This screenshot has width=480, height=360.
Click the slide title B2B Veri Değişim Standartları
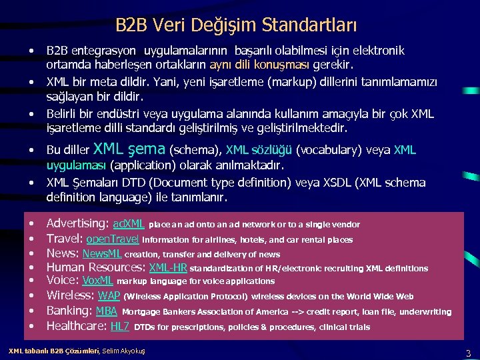236,25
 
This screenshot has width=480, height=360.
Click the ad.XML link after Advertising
129,224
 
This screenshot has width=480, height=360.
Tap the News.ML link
101,254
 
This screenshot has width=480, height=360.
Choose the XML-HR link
168,268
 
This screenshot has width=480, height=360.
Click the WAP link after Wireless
109,296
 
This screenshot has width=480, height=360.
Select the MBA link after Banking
107,311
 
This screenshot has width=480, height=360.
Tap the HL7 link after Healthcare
119,326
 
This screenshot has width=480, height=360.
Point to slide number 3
468,353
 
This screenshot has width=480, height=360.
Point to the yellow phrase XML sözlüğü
259,150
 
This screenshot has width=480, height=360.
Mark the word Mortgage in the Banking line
139,311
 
